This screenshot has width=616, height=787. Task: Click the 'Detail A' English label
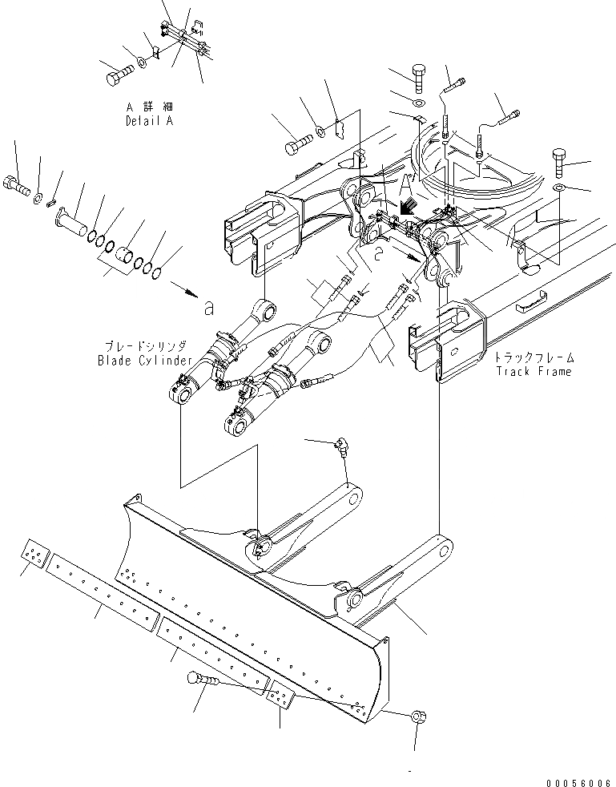click(149, 121)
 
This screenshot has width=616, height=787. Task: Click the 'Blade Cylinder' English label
click(143, 361)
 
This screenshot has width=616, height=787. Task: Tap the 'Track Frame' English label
click(533, 371)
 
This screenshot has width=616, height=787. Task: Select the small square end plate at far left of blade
click(34, 554)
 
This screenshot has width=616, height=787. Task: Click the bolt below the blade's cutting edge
click(200, 680)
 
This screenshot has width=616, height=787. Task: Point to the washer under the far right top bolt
click(560, 188)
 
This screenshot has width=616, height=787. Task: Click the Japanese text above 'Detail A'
click(149, 107)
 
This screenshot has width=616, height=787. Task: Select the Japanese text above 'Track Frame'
click(533, 357)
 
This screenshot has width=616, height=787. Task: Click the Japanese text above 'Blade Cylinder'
click(143, 346)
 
